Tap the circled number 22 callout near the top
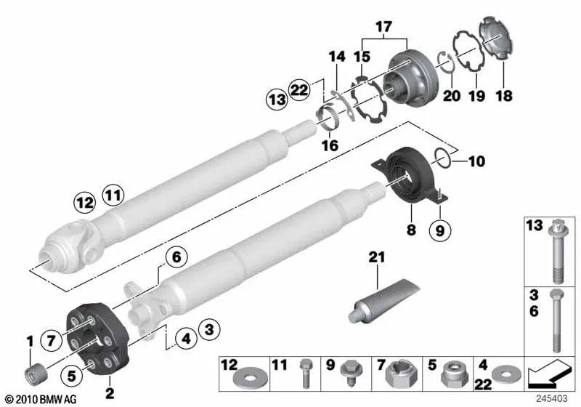(298, 89)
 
